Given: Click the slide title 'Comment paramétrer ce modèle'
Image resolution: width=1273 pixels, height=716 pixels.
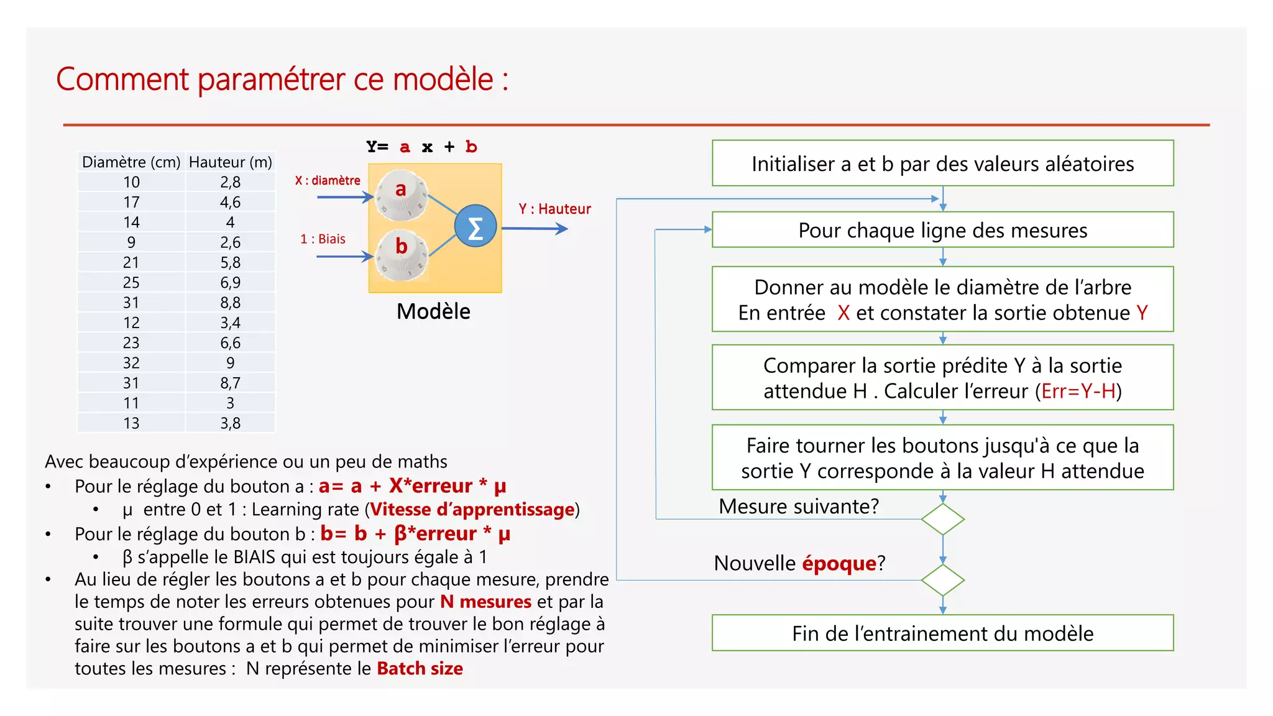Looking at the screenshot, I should (x=282, y=80).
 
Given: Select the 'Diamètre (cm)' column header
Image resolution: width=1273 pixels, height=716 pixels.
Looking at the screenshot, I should (x=131, y=162).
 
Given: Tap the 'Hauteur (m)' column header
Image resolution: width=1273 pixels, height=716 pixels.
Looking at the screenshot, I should (x=231, y=162).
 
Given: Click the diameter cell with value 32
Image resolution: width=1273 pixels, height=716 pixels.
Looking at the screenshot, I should (x=131, y=363).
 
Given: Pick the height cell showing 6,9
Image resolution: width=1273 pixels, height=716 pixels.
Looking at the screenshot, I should (x=231, y=283).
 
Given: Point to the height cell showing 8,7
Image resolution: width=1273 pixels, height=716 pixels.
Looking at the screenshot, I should (x=231, y=383).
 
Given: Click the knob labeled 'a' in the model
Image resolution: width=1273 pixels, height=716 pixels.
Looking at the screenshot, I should (x=402, y=195).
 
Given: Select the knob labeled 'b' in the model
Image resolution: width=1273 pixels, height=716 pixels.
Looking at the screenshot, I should (x=402, y=254).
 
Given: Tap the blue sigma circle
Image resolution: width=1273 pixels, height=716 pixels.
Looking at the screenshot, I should (x=476, y=227).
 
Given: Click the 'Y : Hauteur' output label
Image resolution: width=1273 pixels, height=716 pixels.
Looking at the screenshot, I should (x=554, y=209).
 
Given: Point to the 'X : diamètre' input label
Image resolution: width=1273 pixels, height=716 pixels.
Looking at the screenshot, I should (x=328, y=181).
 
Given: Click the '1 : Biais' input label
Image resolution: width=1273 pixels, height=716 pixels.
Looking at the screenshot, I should (x=323, y=239).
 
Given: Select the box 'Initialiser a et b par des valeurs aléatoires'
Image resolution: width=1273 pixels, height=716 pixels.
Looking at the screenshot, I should (x=942, y=163).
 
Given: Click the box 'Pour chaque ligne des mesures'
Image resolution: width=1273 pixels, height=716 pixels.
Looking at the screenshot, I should (x=942, y=230).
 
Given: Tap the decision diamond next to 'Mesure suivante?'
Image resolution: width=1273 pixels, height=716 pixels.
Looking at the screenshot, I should (x=942, y=519).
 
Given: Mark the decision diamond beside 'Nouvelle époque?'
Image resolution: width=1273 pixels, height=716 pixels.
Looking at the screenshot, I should (x=942, y=580).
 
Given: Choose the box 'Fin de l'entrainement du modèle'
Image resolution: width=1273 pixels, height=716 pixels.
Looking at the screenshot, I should (x=942, y=633).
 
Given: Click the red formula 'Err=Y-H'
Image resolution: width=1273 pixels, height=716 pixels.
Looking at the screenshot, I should (x=1078, y=392).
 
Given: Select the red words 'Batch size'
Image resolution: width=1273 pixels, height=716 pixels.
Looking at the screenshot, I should (x=420, y=669).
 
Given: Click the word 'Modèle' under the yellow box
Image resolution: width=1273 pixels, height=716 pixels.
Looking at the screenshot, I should (x=433, y=311).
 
